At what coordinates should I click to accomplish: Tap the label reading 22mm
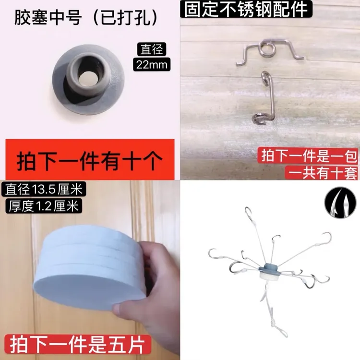click(152, 64)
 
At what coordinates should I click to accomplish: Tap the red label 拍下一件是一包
click(308, 156)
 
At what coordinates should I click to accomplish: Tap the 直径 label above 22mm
click(152, 49)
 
